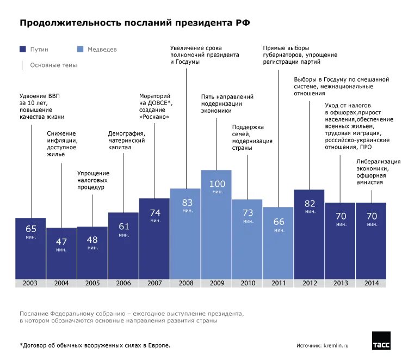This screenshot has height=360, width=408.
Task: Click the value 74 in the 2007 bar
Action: point(154,213)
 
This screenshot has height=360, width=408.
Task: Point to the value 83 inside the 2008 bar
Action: point(186,203)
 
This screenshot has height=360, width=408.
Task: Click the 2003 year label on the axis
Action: point(30,283)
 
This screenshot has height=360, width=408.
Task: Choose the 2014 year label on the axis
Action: point(372,283)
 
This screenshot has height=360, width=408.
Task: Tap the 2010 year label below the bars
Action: point(248,283)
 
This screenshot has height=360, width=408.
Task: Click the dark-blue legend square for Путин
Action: point(22,49)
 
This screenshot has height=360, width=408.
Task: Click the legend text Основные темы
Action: point(53,65)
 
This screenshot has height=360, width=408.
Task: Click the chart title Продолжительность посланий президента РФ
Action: point(135,23)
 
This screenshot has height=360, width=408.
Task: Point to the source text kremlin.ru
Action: point(336,345)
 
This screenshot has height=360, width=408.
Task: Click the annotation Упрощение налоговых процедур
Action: point(92,180)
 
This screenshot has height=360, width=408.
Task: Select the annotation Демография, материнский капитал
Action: point(126,141)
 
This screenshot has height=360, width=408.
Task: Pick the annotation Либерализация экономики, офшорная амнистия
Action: point(379,172)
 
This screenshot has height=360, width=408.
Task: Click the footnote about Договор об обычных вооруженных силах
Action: point(95,345)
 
